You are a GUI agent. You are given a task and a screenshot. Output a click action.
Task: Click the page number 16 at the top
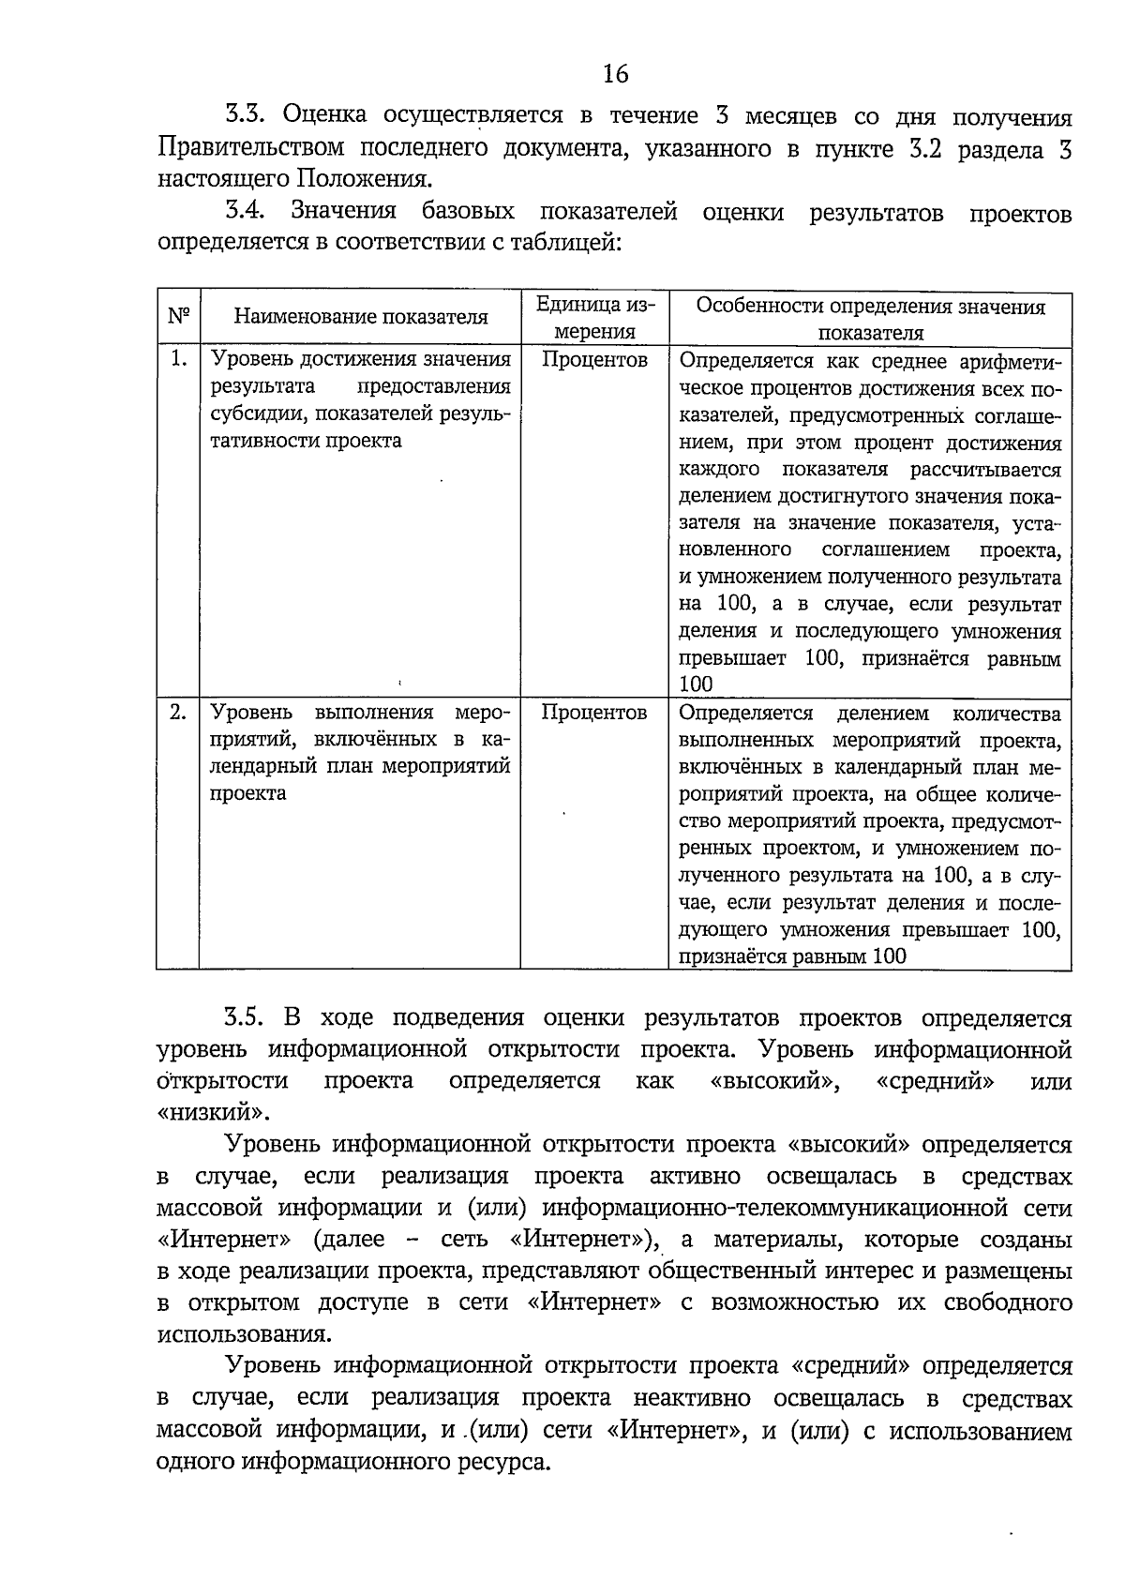(616, 74)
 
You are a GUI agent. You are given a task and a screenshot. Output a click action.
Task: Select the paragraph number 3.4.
(247, 211)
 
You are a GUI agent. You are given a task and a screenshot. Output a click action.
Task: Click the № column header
(178, 316)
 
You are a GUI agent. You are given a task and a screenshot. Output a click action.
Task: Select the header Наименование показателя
(360, 317)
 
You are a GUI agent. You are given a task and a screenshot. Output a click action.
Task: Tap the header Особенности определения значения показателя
(870, 319)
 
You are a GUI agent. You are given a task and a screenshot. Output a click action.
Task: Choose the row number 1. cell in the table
(178, 359)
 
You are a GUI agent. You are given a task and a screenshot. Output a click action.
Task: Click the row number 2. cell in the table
(178, 713)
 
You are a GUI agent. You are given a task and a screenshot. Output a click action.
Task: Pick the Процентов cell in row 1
(594, 360)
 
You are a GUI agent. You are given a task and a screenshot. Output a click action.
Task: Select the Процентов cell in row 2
(594, 714)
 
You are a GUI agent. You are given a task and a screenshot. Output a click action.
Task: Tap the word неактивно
(692, 1399)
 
